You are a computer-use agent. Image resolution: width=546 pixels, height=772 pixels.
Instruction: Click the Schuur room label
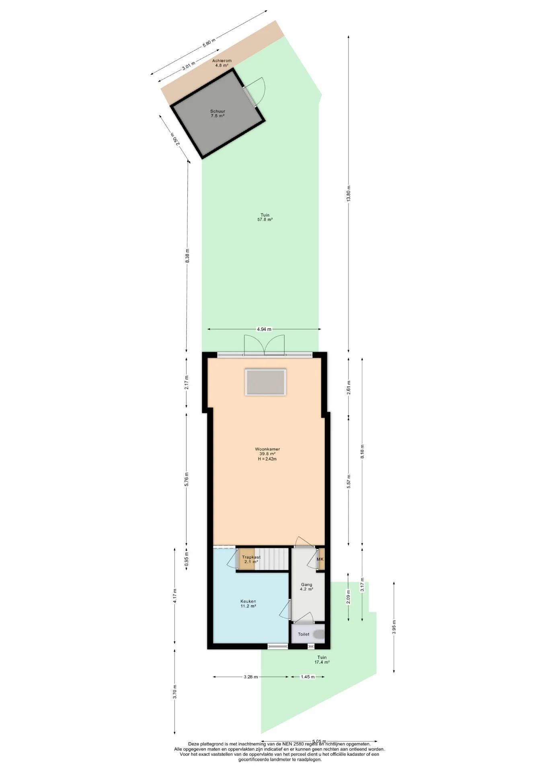[x=218, y=111]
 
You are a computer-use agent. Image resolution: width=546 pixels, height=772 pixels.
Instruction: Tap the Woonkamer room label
[x=267, y=449]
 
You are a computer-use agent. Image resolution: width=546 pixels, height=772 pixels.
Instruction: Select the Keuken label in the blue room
[x=248, y=602]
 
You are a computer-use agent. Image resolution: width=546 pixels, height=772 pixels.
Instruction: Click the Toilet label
[x=304, y=634]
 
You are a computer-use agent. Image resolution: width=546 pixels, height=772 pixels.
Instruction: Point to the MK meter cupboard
[x=320, y=559]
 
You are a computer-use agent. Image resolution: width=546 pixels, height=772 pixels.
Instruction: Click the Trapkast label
[x=251, y=557]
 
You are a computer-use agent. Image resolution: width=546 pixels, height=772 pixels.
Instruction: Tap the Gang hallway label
[x=306, y=585]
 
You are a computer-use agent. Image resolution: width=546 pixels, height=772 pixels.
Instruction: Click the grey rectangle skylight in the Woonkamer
[x=266, y=382]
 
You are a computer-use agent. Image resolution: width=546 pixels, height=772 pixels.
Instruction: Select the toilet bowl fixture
[x=319, y=634]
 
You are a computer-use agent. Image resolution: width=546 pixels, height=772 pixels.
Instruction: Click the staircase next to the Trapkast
[x=273, y=559]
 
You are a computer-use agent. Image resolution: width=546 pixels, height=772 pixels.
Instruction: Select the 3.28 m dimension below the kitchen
[x=250, y=677]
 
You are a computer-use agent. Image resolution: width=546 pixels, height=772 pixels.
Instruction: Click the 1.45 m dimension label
[x=308, y=677]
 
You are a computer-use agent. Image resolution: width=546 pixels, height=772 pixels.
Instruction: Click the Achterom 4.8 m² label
[x=222, y=63]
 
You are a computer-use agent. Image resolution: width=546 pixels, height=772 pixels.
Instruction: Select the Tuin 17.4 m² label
[x=322, y=660]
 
